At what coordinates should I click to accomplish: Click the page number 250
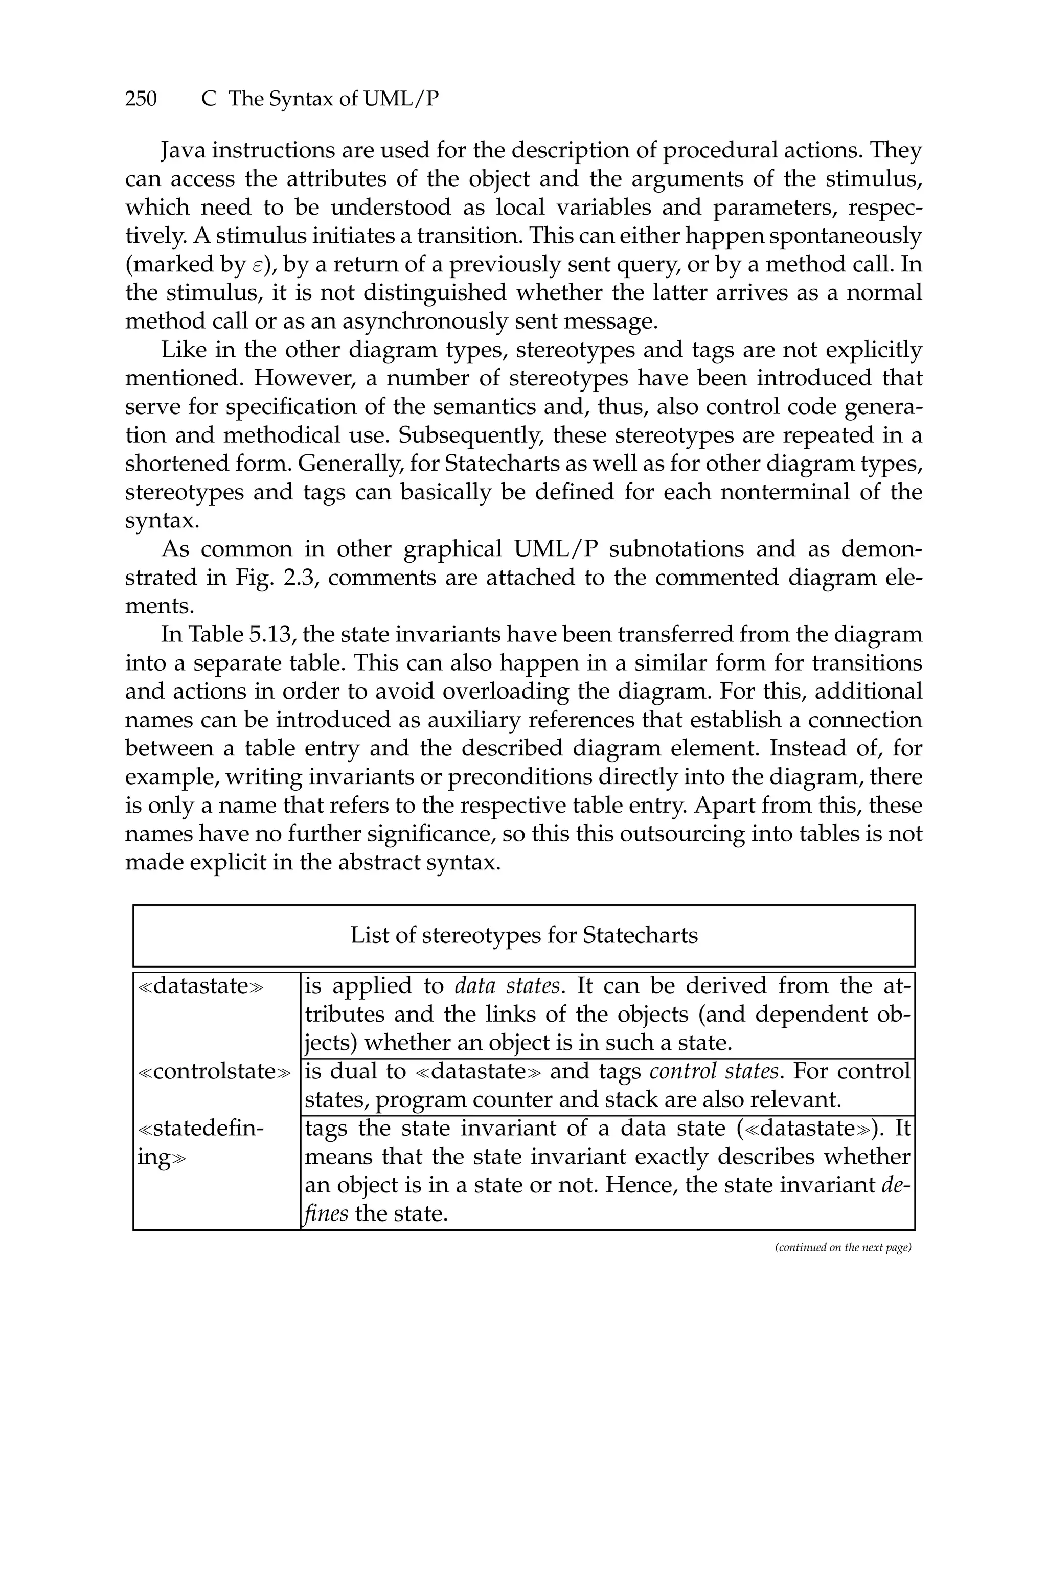tap(141, 100)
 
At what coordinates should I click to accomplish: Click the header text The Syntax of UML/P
tap(334, 100)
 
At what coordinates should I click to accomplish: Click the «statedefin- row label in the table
tap(200, 1129)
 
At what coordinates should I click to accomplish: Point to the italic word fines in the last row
tap(325, 1213)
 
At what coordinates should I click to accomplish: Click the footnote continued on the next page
tap(843, 1247)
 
